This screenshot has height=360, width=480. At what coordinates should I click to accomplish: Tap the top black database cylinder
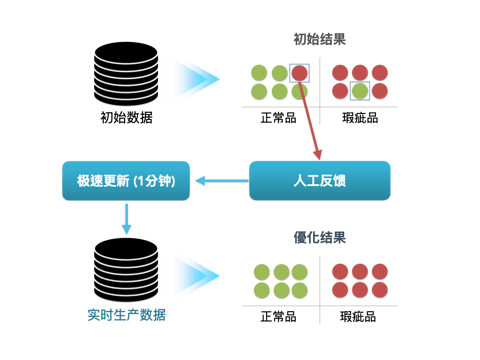[126, 74]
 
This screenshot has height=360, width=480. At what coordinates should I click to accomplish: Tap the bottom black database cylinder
[126, 272]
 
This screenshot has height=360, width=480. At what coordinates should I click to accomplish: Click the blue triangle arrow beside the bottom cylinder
[193, 273]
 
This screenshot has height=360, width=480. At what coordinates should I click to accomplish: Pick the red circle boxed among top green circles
[299, 73]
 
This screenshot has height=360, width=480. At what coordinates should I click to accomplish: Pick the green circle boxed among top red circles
[359, 91]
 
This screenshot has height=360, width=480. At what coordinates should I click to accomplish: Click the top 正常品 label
[279, 117]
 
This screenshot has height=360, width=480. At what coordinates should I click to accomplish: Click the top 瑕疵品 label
[359, 117]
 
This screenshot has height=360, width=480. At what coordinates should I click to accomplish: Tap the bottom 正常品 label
[279, 316]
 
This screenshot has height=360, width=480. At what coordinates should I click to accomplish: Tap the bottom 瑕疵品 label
[359, 316]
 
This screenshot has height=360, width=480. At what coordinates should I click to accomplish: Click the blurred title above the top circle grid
[319, 39]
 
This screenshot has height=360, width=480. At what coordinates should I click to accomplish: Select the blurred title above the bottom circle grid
[319, 238]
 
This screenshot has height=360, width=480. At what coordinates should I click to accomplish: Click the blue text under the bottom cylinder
[126, 316]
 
